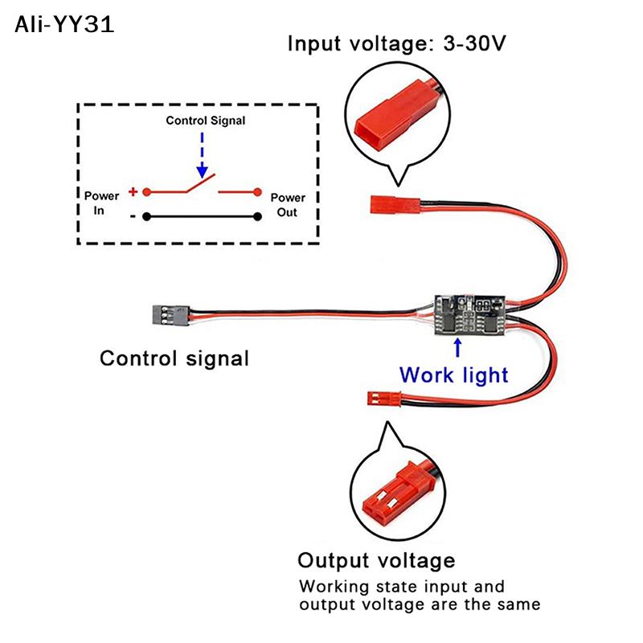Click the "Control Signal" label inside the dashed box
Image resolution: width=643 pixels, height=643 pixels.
coord(206,121)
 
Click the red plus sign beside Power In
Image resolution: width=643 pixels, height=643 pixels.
coord(133,192)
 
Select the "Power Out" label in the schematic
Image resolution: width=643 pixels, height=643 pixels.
coord(287,205)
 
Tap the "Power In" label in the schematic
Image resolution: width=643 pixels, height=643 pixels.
coord(101,202)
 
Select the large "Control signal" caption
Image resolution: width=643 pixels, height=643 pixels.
coord(174,358)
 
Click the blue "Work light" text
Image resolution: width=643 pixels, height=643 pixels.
coord(453,375)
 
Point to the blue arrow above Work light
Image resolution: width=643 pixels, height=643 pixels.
coord(457,346)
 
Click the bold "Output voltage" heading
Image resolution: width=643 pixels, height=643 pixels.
coord(376,560)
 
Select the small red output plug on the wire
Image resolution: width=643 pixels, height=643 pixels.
coord(382,397)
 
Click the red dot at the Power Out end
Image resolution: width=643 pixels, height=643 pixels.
coord(258,192)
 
